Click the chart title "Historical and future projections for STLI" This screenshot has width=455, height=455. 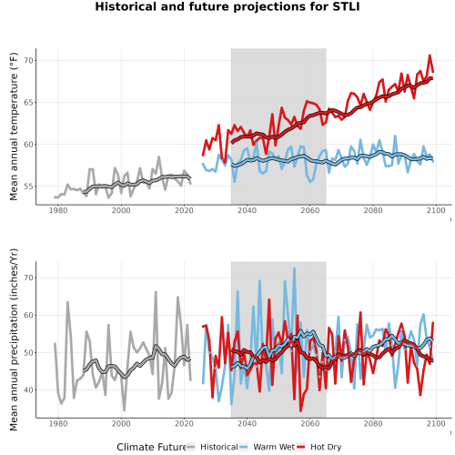point(227,6)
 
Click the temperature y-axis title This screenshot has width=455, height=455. point(14,126)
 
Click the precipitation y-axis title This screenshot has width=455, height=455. point(14,339)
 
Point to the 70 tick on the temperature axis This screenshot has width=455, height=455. point(28,61)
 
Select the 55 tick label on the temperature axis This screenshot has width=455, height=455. point(28,187)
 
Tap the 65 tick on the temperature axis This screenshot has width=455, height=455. point(28,103)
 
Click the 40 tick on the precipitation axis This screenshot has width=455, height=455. point(28,390)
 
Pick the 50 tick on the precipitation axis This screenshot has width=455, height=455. point(28,353)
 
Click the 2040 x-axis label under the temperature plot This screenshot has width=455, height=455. point(248,210)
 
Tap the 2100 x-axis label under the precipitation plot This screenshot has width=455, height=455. point(436,423)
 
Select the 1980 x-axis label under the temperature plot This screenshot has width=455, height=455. point(58,210)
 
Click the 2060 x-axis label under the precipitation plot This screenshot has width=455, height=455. point(310,423)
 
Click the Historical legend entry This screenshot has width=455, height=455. point(212,447)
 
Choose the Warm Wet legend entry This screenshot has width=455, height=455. point(267,447)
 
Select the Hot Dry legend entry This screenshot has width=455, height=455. point(319,447)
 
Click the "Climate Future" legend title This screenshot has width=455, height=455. point(151,447)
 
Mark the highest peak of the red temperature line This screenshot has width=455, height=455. point(430,56)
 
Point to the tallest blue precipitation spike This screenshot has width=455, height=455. point(294,268)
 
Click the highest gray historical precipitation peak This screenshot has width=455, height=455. point(156,292)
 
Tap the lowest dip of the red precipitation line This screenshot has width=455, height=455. point(300,411)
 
